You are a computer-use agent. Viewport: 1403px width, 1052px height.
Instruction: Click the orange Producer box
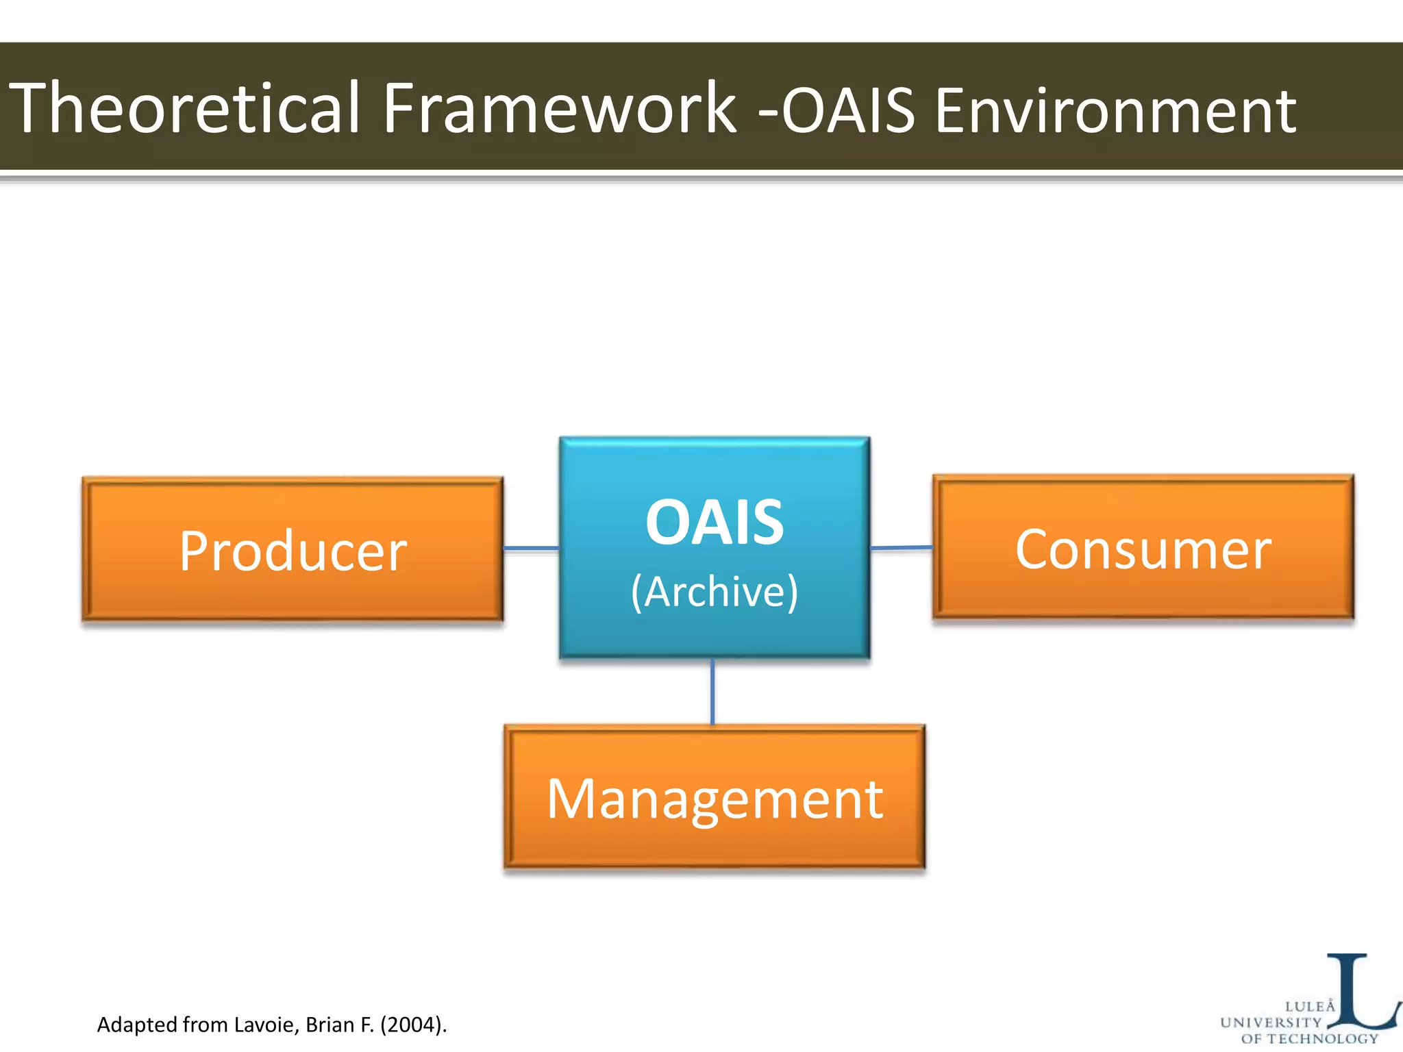point(293,549)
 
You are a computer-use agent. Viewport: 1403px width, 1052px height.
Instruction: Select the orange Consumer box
point(1143,548)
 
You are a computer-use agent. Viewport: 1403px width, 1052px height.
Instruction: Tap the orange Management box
point(715,798)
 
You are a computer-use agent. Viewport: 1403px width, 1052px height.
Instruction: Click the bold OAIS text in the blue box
point(715,523)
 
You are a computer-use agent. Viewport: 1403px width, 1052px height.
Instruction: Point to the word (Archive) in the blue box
point(715,591)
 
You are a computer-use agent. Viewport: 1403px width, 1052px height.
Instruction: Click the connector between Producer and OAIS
point(531,549)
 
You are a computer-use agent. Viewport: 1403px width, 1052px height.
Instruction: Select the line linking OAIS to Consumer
point(901,548)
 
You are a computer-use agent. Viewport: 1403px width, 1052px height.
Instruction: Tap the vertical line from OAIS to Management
point(712,692)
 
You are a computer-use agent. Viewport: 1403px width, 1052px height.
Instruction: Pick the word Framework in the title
point(558,108)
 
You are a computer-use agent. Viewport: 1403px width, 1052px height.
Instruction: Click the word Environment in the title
point(1115,110)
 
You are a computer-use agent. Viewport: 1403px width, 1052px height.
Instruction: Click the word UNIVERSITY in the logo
point(1271,1023)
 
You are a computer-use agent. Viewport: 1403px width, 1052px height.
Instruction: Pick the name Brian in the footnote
point(331,1025)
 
